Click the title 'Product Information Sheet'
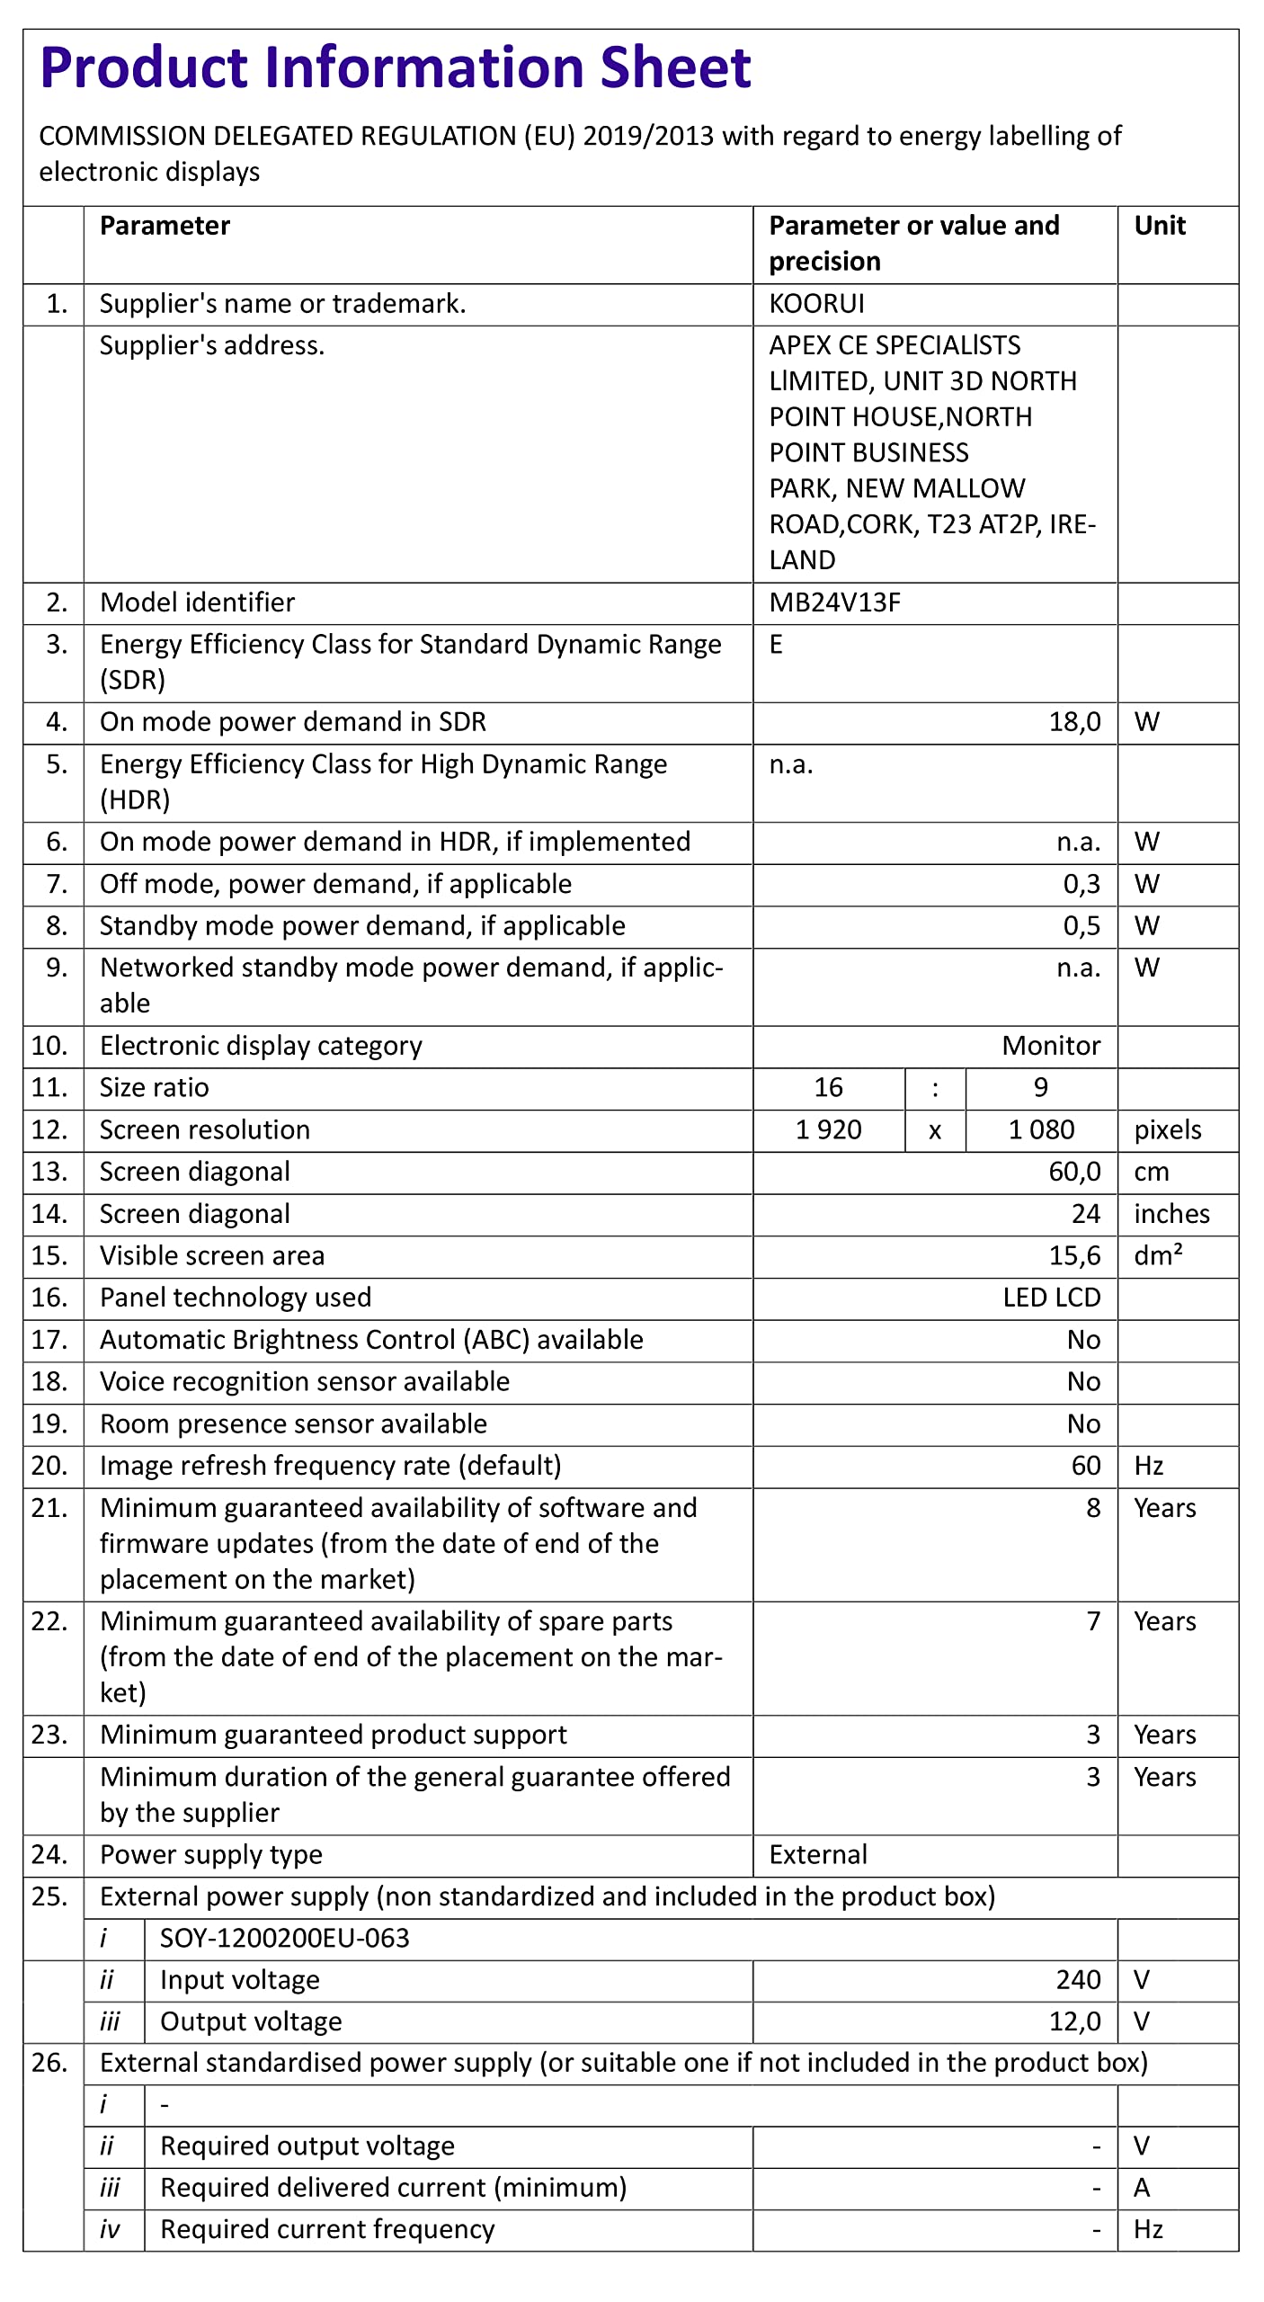point(396,67)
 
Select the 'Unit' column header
point(1159,226)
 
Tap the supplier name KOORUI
point(816,304)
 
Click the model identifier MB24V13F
point(834,602)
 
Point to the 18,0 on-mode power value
point(1074,722)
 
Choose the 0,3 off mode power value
point(1082,884)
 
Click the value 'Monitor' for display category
point(1051,1046)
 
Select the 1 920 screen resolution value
point(828,1130)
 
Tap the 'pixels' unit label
point(1167,1130)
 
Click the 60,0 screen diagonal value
point(1074,1172)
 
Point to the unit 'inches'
point(1171,1214)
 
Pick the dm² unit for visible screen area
point(1158,1255)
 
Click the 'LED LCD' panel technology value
point(1052,1298)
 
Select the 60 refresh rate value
point(1086,1466)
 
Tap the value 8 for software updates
point(1093,1508)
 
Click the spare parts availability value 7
point(1093,1621)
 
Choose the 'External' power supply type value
point(818,1855)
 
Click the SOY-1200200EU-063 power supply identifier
point(284,1938)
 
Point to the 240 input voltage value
point(1078,1980)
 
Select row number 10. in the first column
point(49,1046)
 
